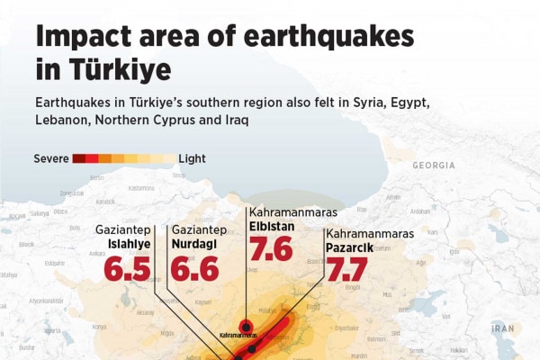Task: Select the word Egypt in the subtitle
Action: click(415, 102)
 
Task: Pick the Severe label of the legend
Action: click(51, 158)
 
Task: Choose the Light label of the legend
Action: click(192, 158)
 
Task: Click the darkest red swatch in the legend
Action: click(79, 158)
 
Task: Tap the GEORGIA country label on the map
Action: click(434, 166)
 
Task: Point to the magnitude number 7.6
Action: click(271, 248)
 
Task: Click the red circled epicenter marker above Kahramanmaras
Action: click(245, 326)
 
